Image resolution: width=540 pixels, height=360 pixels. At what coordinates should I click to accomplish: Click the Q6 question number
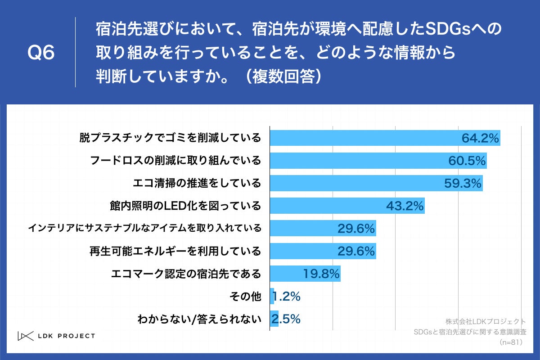[41, 53]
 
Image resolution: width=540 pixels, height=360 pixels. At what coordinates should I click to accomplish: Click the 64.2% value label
[480, 138]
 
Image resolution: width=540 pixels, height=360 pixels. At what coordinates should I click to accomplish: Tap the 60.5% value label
[467, 161]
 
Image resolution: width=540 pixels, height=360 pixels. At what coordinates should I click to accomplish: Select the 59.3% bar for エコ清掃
[376, 183]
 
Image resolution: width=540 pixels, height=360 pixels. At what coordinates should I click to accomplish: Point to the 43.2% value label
[405, 206]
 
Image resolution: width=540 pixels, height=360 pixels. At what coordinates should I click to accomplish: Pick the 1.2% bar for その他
[272, 297]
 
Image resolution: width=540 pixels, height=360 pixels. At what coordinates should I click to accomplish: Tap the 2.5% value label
[285, 319]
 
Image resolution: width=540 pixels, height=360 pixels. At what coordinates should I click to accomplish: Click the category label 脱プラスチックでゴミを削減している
[171, 138]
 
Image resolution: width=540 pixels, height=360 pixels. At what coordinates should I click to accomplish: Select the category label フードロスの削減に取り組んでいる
[175, 161]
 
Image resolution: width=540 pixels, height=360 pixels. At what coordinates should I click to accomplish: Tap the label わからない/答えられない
[199, 319]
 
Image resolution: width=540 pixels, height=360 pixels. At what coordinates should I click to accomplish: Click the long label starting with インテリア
[144, 229]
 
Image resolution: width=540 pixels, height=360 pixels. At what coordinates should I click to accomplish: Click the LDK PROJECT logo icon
[25, 336]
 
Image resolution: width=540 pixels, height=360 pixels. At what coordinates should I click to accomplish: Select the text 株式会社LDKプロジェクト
[486, 322]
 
